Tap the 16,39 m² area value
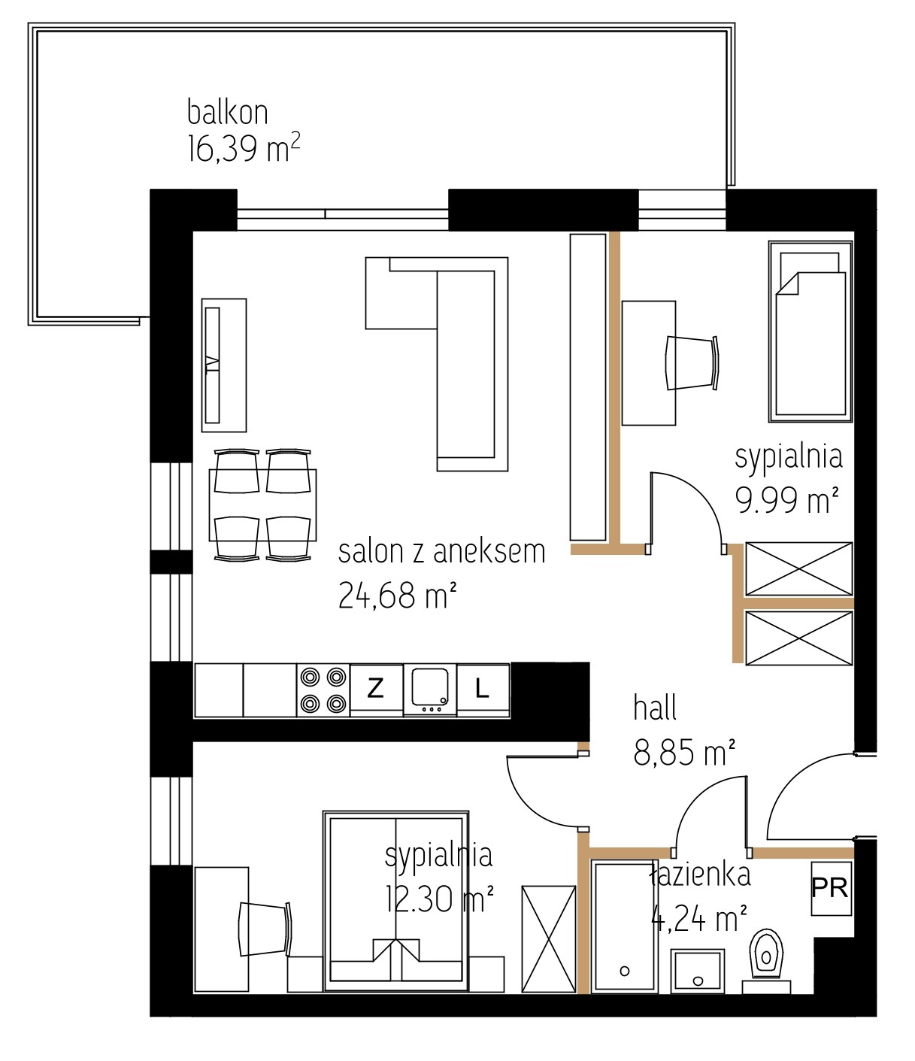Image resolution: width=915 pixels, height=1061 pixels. pos(244,148)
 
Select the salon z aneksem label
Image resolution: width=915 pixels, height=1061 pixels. pos(442,552)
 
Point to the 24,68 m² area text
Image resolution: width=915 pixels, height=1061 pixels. pos(397,595)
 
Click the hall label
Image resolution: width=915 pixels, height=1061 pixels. pos(656,708)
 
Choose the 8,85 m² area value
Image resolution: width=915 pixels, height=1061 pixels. pos(685,753)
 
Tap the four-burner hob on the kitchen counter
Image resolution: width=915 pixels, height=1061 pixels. pos(323,690)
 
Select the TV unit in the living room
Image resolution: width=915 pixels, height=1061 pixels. pos(224,365)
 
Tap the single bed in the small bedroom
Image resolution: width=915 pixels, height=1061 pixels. pos(810,332)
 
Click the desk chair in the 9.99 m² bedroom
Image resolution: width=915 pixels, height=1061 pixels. pos(692,363)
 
